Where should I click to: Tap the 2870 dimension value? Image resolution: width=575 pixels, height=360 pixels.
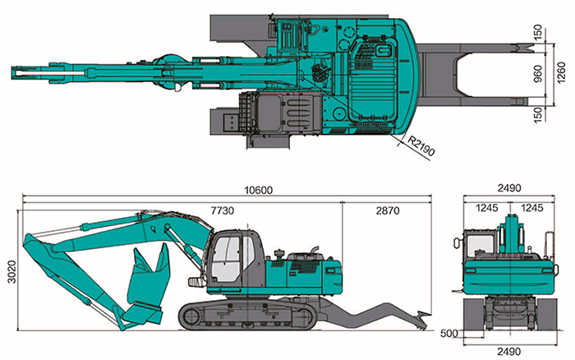386,211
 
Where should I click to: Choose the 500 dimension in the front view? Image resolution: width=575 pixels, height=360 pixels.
448,334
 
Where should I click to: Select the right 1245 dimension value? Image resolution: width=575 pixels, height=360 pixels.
531,208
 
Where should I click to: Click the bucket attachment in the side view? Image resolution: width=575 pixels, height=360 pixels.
152,279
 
